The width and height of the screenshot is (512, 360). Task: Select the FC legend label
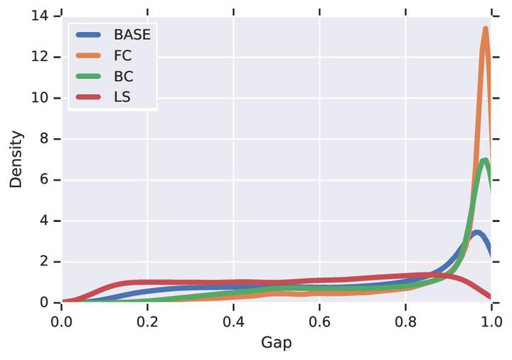(123, 55)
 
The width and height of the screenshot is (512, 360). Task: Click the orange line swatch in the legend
(90, 55)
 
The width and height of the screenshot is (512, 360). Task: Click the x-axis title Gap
(276, 342)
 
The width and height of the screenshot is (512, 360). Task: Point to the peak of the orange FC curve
(486, 29)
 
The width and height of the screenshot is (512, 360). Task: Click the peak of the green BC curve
(485, 160)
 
